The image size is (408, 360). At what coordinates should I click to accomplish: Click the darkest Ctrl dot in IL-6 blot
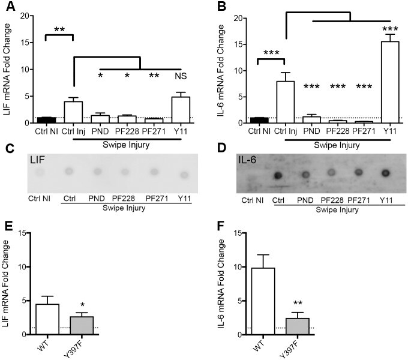(x=278, y=176)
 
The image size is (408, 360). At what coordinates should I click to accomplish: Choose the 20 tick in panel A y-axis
(x=22, y=15)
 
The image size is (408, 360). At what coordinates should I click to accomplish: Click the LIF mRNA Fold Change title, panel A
(x=7, y=66)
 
